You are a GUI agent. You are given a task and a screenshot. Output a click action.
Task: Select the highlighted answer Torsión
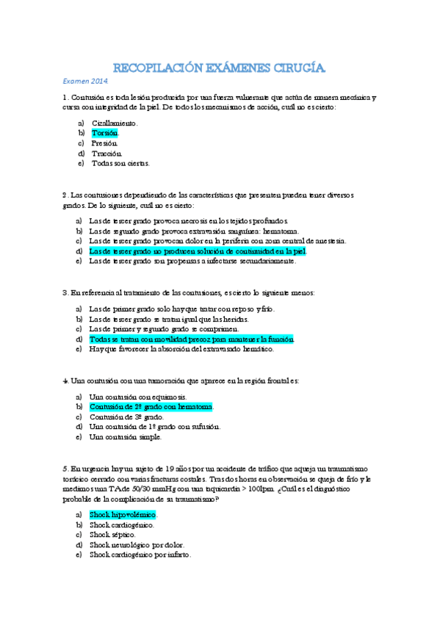[104, 133]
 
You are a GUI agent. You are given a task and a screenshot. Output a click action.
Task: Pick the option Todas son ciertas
[120, 163]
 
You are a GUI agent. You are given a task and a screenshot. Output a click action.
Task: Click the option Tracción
[107, 153]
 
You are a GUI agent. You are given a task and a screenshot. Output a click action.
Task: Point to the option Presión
[106, 143]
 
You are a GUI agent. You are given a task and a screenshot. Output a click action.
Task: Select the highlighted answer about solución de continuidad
[197, 251]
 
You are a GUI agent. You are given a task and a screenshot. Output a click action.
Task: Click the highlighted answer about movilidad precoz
[192, 339]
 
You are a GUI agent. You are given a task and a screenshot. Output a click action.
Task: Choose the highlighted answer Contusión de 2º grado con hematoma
[150, 406]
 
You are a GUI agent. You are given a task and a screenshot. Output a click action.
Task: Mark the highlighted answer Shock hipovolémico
[123, 515]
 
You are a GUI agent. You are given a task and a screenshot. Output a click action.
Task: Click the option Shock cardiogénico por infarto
[140, 555]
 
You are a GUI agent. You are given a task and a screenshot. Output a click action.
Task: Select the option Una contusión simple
[125, 436]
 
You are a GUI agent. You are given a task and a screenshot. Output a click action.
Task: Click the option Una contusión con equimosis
[137, 397]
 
